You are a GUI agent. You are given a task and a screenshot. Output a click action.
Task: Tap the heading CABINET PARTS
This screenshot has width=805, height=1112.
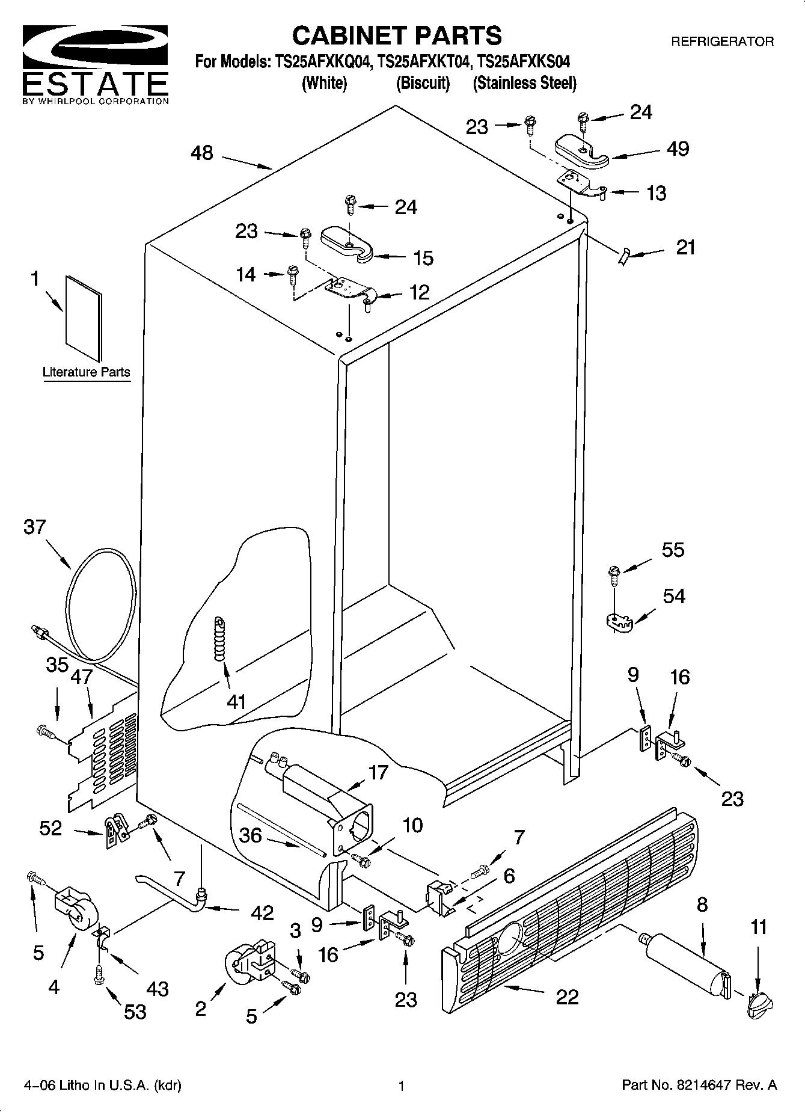[x=397, y=36]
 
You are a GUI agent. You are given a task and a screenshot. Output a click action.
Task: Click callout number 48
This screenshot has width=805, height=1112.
[x=202, y=153]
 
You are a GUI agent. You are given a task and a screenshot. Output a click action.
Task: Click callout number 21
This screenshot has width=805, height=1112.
[x=685, y=247]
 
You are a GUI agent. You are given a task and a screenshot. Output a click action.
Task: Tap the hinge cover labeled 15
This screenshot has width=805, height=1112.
[x=347, y=243]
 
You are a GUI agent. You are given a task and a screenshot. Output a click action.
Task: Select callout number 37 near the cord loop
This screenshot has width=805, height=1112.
[x=34, y=527]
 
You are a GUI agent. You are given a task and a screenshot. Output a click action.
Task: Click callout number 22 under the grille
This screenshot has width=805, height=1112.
[x=567, y=997]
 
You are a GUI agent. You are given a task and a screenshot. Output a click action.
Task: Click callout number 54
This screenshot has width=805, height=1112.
[x=674, y=597]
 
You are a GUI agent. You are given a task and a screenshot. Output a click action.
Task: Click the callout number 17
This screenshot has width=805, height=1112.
[x=379, y=772]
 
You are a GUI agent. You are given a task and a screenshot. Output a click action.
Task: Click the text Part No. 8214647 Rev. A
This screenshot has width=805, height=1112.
[x=699, y=1086]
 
